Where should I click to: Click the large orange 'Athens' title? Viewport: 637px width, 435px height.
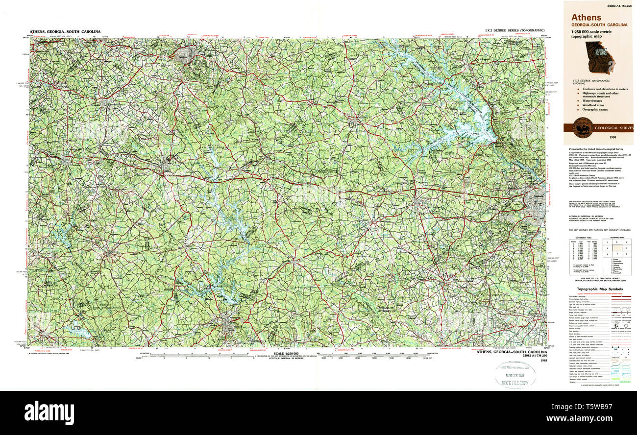pyautogui.click(x=586, y=18)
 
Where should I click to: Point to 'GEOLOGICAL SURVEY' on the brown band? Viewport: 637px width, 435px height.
pyautogui.click(x=613, y=128)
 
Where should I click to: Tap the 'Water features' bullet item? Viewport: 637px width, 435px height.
pyautogui.click(x=596, y=101)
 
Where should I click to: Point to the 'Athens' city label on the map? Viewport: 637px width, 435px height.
pyautogui.click(x=183, y=57)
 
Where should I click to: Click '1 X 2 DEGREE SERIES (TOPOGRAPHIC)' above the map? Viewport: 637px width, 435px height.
pyautogui.click(x=514, y=31)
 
